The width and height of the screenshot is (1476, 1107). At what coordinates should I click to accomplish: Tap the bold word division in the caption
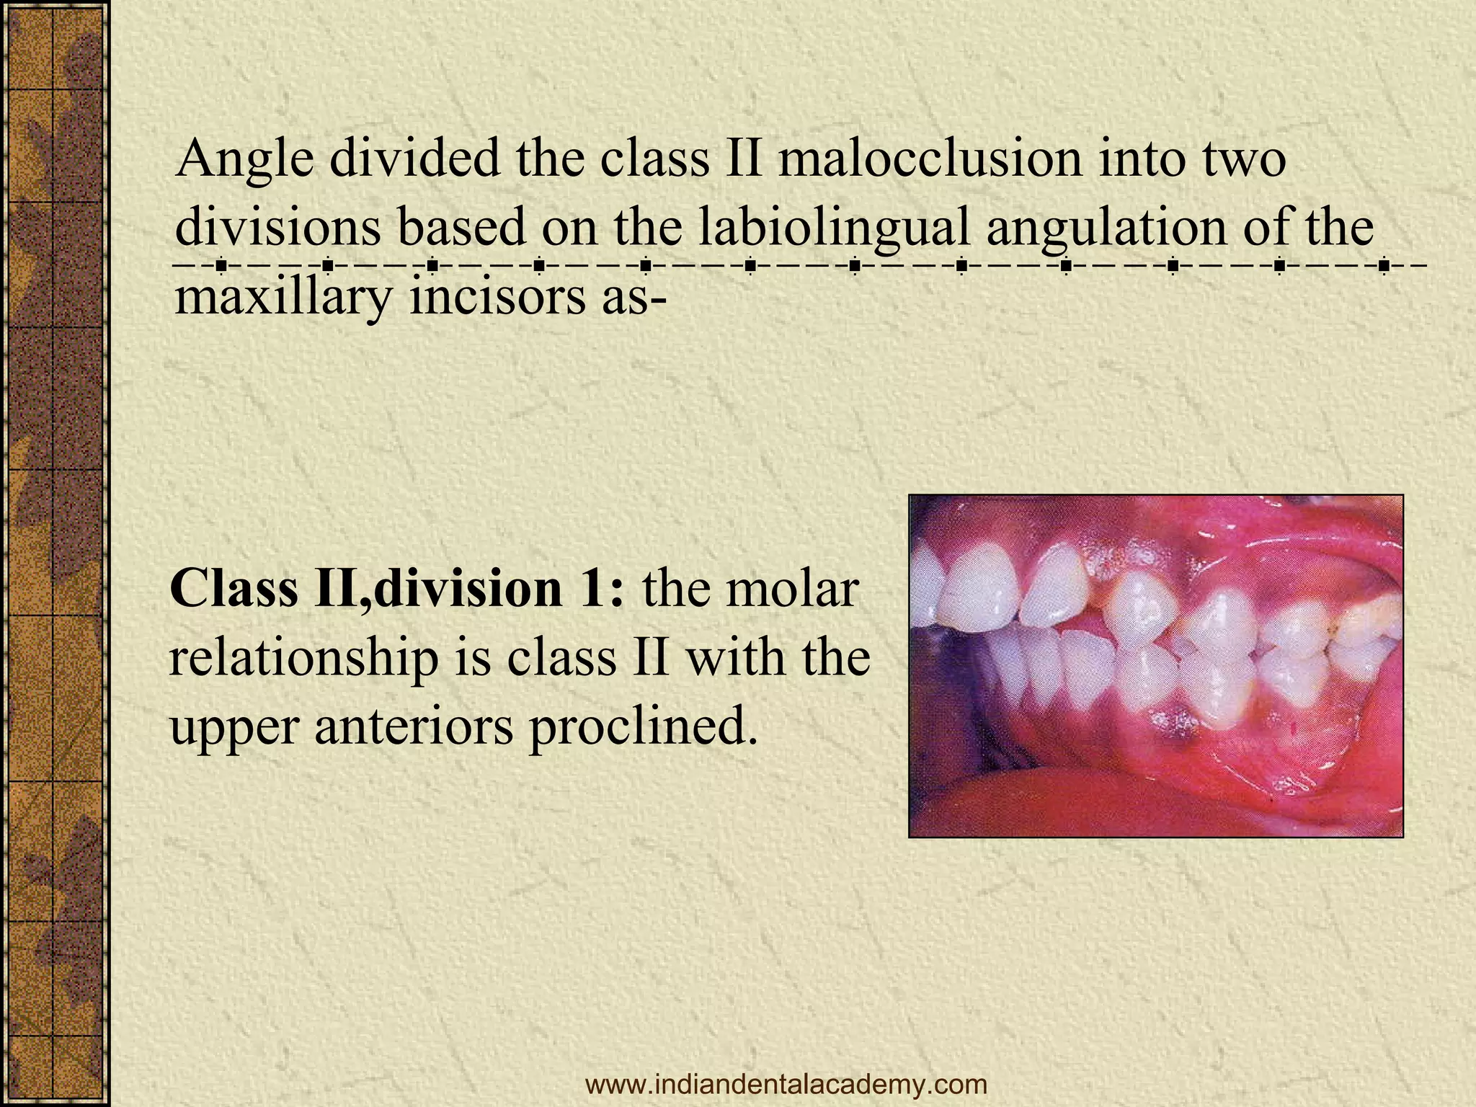pyautogui.click(x=466, y=589)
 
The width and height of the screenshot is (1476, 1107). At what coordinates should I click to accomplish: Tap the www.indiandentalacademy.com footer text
pyautogui.click(x=786, y=1083)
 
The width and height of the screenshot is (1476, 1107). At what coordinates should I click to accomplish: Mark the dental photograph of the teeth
pyautogui.click(x=1155, y=665)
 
